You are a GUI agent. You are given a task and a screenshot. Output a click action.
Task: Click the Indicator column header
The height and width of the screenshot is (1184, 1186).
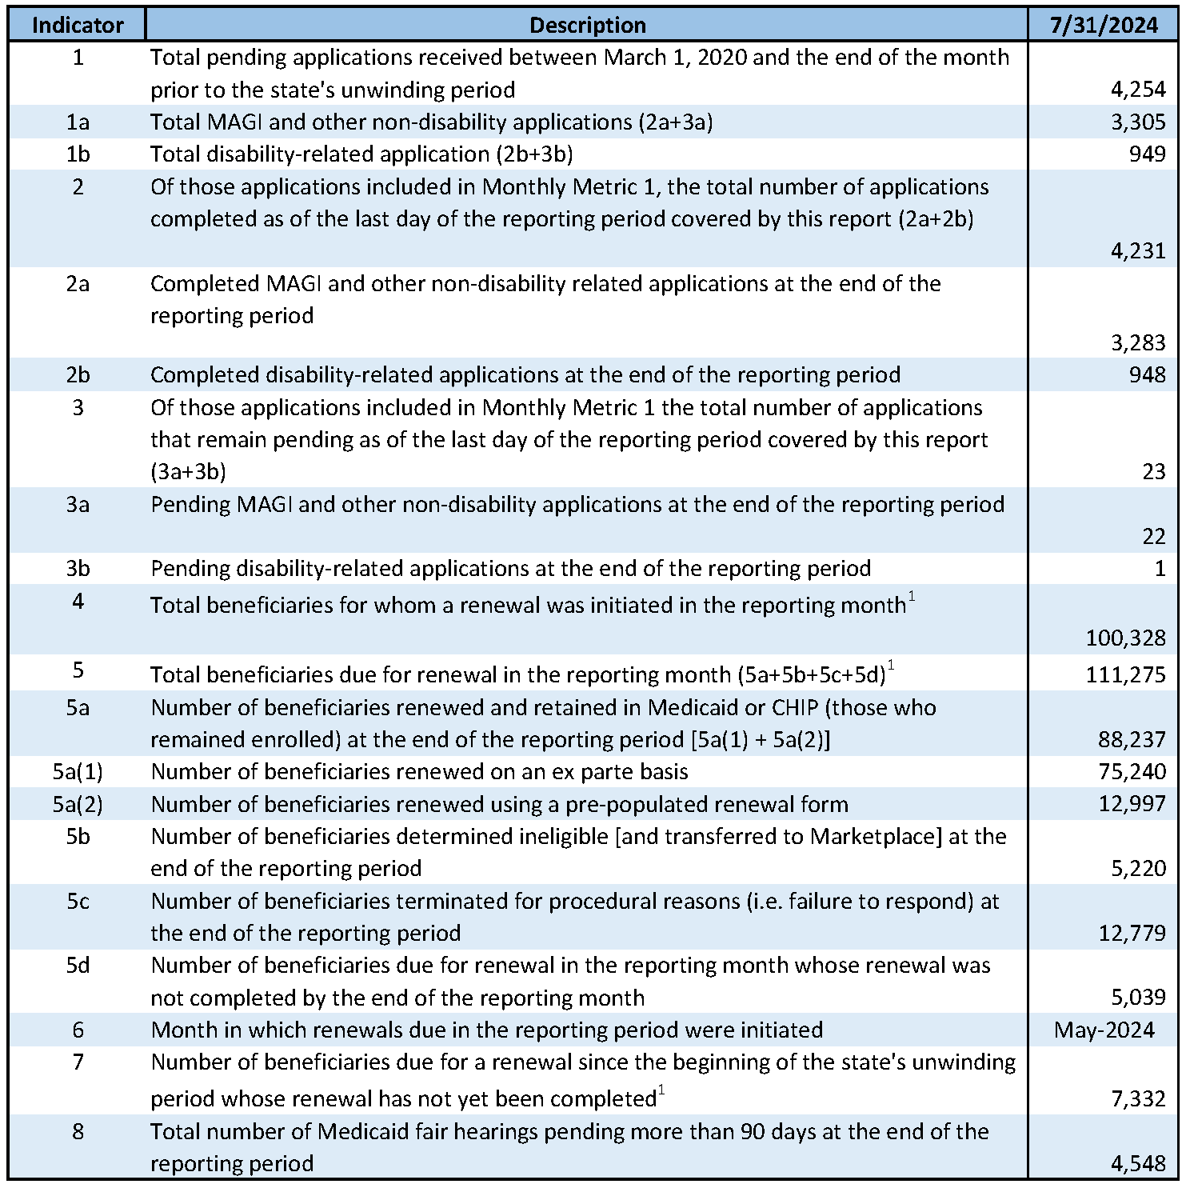coord(78,26)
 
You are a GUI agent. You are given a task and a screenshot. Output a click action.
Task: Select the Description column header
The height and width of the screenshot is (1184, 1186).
coord(587,26)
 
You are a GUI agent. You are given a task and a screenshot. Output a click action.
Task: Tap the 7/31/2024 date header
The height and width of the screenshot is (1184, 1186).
coord(1104,26)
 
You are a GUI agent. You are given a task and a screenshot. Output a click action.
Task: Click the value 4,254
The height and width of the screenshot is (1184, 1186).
coord(1138,90)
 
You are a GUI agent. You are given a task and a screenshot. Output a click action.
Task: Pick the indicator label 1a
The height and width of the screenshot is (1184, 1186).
coord(78,122)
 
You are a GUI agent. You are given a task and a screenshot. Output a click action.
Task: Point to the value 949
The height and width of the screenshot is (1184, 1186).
coord(1148,154)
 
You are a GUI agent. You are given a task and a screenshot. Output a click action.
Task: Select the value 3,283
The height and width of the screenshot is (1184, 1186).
coord(1138,343)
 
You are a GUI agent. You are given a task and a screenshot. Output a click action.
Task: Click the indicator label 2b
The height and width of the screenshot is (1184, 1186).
coord(78,375)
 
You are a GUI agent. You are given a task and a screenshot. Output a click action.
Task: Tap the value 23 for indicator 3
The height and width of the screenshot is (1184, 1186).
coord(1154,472)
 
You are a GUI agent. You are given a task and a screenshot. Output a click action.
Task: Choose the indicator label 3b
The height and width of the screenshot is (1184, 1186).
coord(78,569)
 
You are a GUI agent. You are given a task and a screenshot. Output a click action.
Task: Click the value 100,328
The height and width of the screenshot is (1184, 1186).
coord(1125,638)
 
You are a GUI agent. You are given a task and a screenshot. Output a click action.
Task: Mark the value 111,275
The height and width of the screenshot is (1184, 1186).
coord(1125,675)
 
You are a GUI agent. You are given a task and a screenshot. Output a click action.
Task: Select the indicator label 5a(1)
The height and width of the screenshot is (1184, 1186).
coord(78,772)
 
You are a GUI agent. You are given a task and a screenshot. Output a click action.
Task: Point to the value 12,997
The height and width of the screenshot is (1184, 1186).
coord(1132,804)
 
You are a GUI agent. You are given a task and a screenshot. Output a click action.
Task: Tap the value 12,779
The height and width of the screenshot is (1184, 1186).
coord(1132,934)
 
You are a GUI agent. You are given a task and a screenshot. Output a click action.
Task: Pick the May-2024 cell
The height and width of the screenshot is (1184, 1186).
coord(1104,1030)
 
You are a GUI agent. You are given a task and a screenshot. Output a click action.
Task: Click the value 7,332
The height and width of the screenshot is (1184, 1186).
coord(1138,1099)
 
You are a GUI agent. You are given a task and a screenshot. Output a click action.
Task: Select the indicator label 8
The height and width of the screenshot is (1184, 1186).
coord(78,1132)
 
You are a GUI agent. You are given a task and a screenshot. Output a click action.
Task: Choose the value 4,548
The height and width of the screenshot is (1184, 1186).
coord(1138,1164)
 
